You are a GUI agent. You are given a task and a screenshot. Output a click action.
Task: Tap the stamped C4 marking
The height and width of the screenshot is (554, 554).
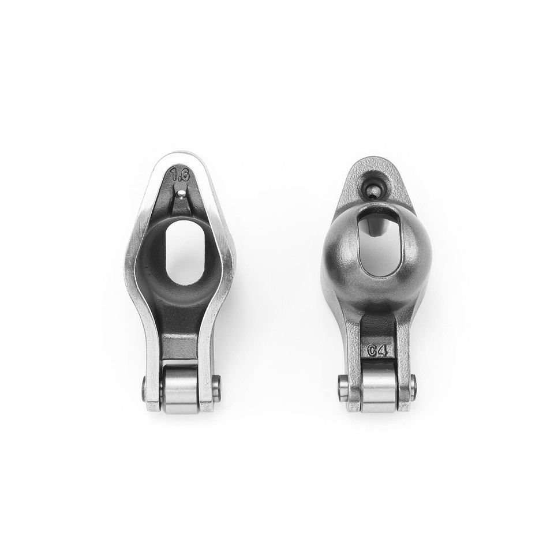(x=378, y=350)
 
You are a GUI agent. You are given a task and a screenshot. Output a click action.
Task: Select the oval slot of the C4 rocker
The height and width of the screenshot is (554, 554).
(x=378, y=241)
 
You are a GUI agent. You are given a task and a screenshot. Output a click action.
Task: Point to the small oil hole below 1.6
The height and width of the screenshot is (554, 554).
(x=182, y=193)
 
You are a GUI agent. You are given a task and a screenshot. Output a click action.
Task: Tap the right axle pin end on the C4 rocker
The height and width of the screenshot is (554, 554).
(x=414, y=385)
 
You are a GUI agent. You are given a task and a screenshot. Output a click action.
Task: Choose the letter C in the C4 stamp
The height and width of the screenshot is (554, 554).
(x=372, y=350)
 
